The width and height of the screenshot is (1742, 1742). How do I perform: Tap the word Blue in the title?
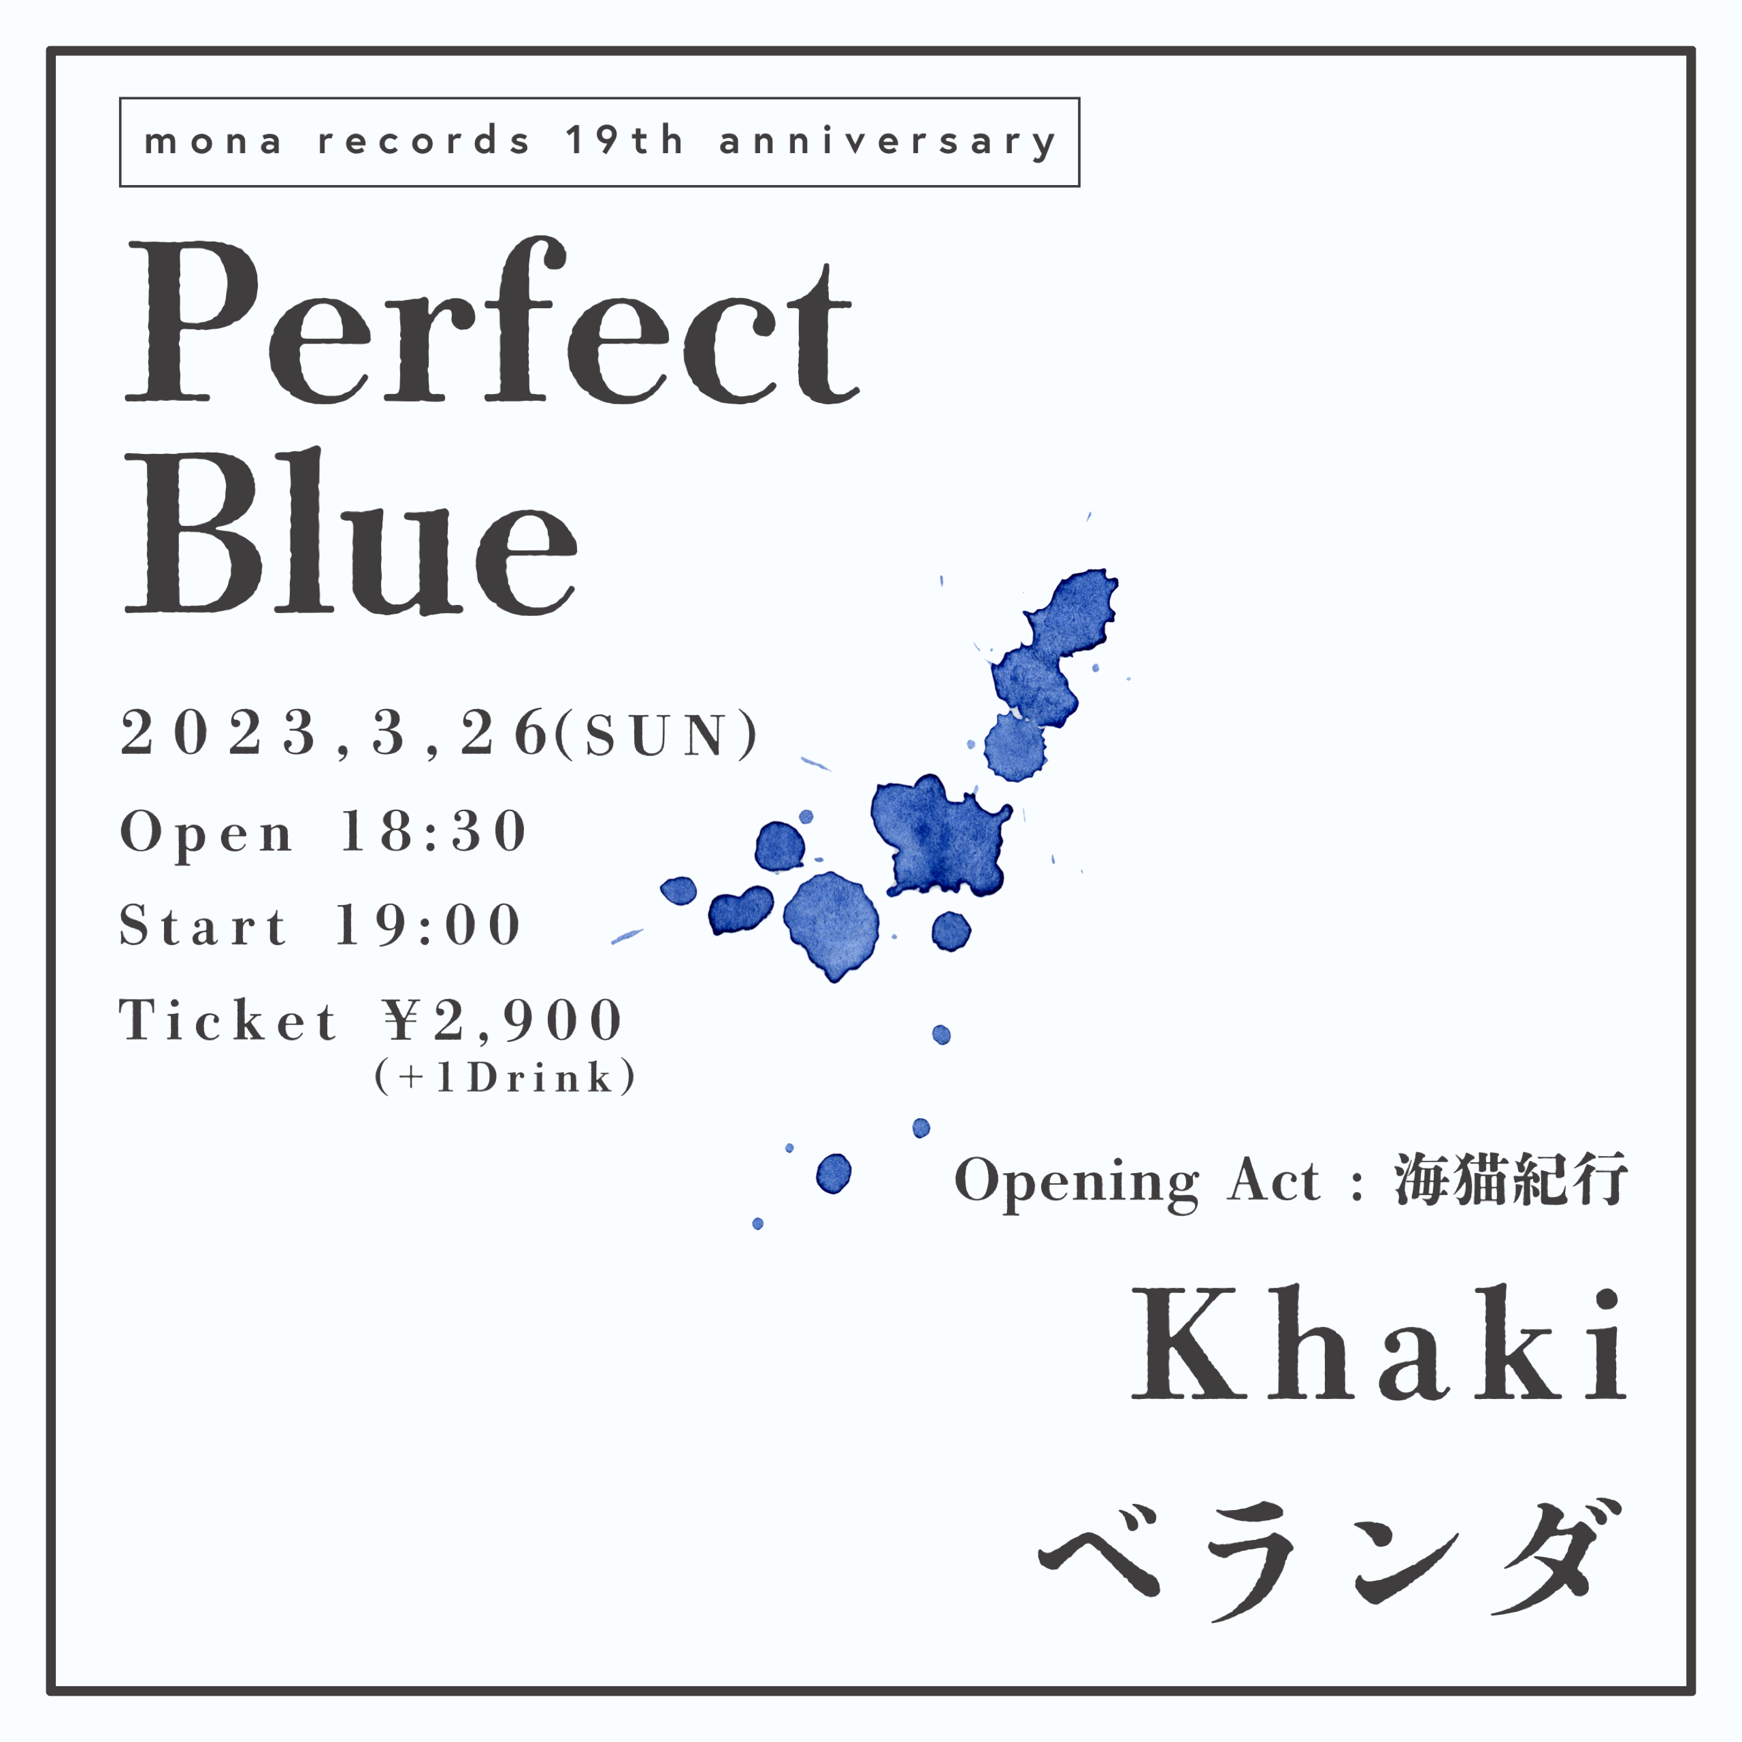tap(350, 532)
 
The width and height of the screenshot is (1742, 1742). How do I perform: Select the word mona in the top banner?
tap(213, 142)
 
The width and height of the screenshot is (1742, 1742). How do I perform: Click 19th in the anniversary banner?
tap(625, 141)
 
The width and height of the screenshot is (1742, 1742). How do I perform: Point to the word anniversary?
tap(887, 142)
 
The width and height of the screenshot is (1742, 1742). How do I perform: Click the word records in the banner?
tap(424, 142)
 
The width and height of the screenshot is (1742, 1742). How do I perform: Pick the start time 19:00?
tap(428, 925)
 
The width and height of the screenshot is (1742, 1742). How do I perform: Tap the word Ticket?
tap(228, 1021)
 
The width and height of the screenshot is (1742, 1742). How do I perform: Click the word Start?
tap(203, 925)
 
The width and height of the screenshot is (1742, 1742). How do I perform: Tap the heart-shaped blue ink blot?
tap(740, 910)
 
